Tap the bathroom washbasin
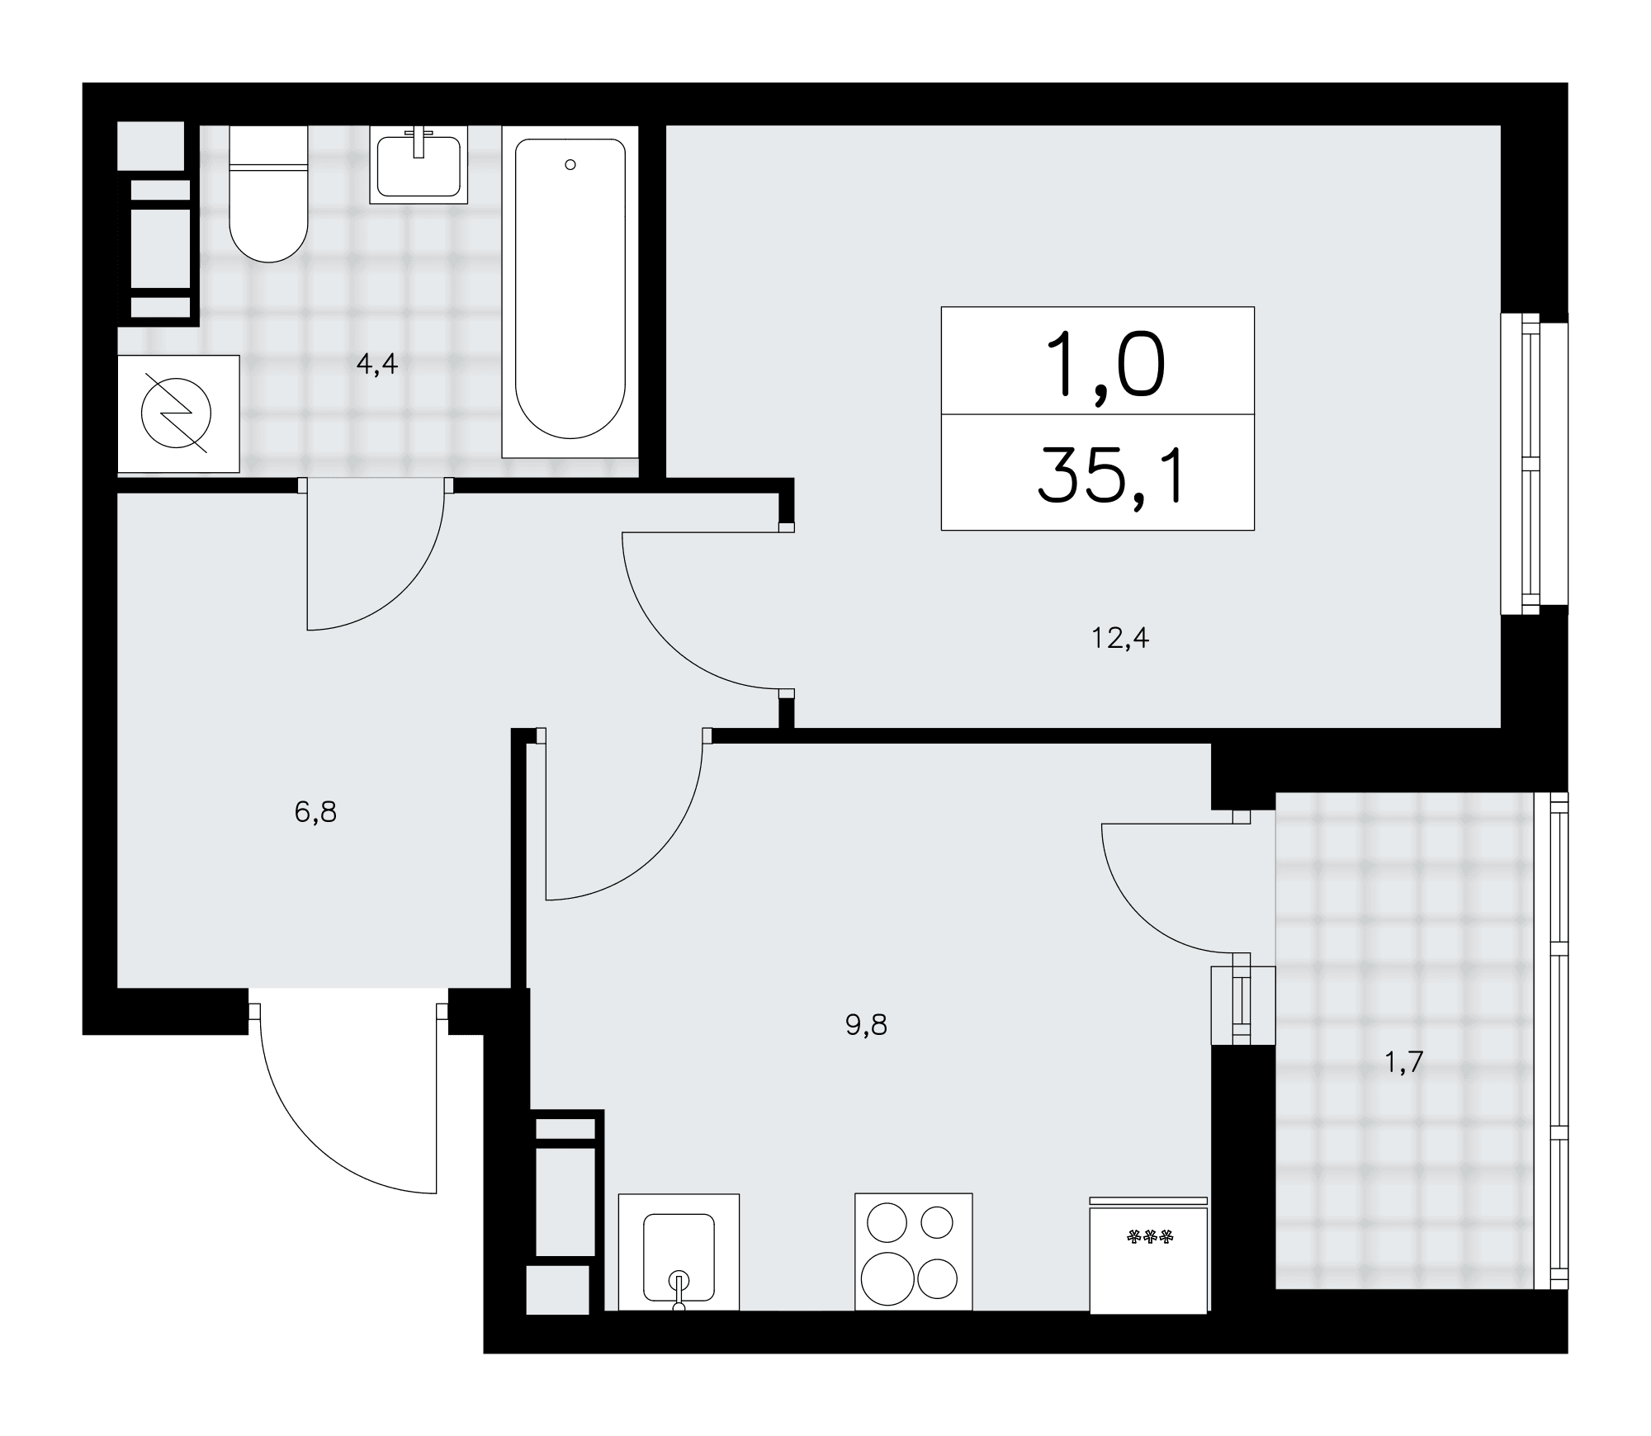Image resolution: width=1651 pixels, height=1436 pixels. (419, 164)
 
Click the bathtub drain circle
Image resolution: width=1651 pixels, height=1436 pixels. (570, 165)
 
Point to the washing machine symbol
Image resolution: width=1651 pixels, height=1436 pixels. (178, 414)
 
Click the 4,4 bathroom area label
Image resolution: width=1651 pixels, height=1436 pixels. (377, 365)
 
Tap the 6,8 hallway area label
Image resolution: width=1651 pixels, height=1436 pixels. (315, 813)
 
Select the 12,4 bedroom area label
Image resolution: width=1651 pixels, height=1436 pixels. (1120, 638)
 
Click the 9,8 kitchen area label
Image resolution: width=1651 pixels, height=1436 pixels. (866, 1025)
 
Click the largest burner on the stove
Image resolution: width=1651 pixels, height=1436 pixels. (888, 1278)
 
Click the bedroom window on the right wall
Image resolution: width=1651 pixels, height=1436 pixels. (1532, 464)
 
